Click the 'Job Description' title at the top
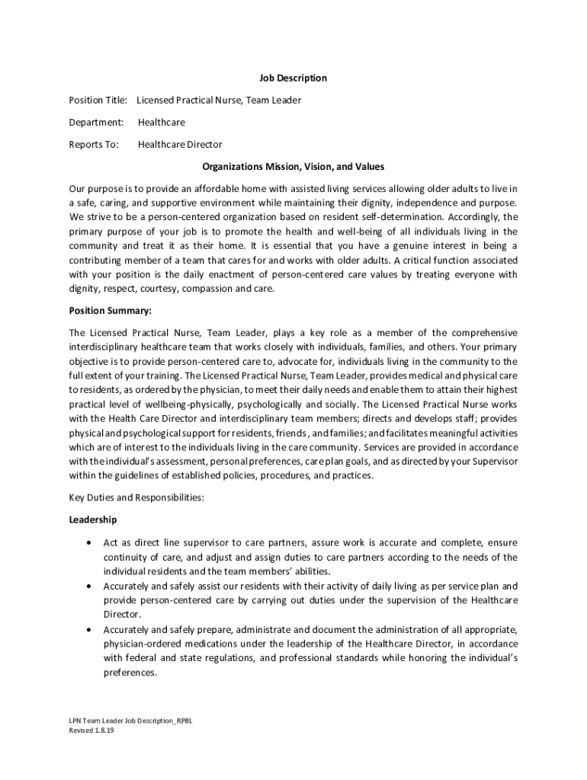click(293, 78)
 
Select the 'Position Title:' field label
click(98, 100)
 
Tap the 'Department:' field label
click(96, 122)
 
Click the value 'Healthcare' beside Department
click(161, 122)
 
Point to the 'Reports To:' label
click(94, 144)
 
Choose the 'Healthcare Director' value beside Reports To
click(180, 144)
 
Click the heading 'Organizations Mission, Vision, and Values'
click(293, 166)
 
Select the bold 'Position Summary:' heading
click(111, 311)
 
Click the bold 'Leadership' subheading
click(93, 519)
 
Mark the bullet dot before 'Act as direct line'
click(91, 543)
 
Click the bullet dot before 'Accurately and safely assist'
click(91, 587)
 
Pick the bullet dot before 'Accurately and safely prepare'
click(91, 630)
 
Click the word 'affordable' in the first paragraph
click(195, 188)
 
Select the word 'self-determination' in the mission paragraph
click(430, 217)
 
